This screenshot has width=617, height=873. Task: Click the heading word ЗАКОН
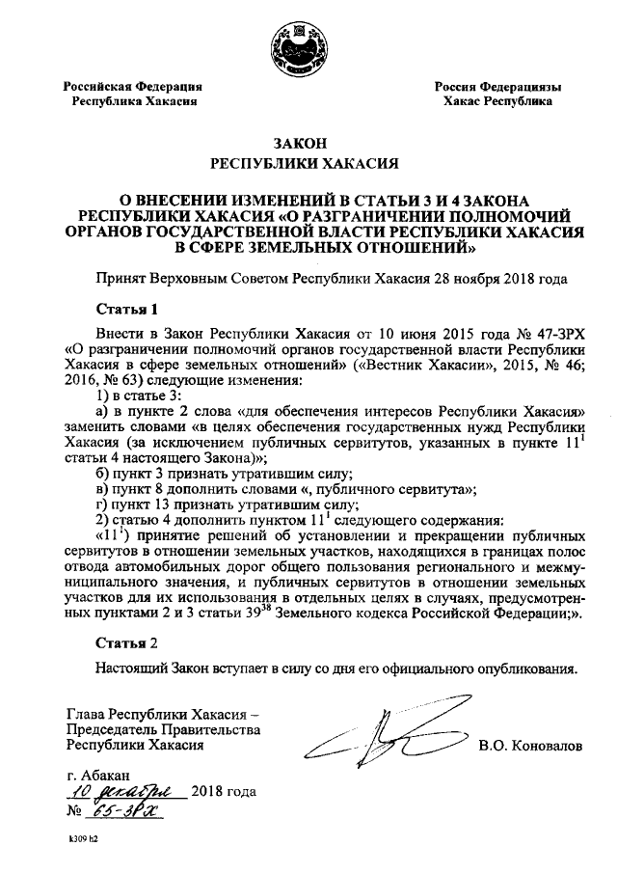tap(308, 142)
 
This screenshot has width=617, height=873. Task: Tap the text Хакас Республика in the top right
tap(496, 100)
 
